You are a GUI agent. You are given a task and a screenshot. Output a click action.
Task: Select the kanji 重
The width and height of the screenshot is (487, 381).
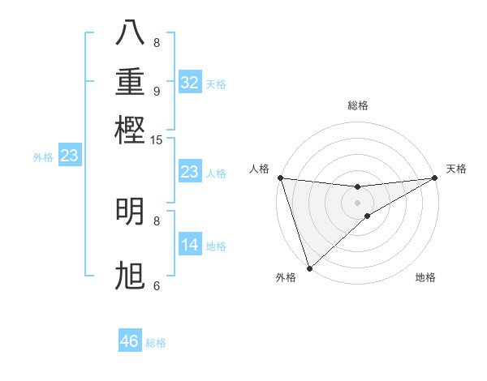point(131,82)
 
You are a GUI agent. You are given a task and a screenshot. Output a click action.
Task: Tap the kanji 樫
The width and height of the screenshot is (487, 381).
point(131,129)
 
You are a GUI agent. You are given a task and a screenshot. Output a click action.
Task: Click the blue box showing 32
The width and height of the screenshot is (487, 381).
point(189,83)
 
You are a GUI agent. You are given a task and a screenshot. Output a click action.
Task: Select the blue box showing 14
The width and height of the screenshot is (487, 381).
point(189,245)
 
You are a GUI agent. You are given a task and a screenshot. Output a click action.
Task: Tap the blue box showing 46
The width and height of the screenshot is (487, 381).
point(129,341)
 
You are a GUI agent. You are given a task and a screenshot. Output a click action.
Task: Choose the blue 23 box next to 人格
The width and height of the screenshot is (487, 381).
point(189,172)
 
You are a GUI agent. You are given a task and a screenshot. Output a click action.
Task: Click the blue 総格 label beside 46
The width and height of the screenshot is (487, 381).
point(156,343)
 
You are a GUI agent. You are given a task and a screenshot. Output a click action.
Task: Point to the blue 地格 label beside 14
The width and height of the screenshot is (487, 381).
point(216,246)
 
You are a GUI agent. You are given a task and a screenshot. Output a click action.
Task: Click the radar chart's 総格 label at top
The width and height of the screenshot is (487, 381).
point(357,106)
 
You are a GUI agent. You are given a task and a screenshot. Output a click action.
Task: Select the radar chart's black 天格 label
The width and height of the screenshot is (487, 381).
point(456,169)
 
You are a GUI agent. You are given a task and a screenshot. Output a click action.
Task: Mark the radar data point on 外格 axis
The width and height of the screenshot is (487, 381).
point(309,268)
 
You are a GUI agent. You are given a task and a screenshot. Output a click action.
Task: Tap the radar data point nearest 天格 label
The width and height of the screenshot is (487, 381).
point(435,178)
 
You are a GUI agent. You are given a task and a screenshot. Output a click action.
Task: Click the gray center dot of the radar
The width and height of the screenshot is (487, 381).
point(357,202)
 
